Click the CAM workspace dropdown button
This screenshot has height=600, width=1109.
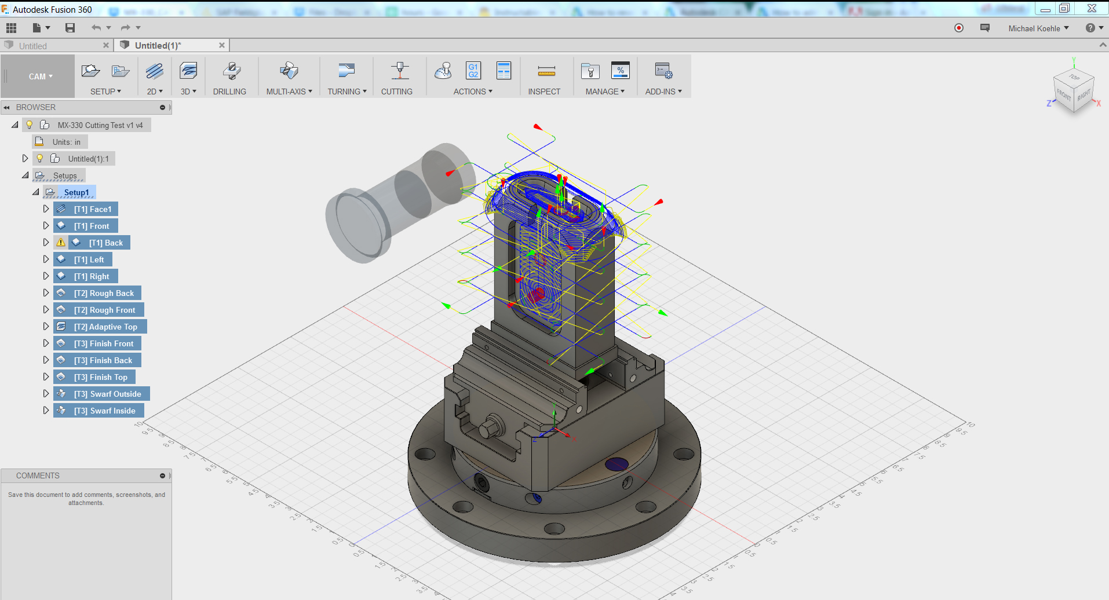(x=41, y=76)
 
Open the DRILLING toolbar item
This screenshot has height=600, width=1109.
(x=230, y=78)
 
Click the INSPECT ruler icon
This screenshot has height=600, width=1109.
(x=546, y=71)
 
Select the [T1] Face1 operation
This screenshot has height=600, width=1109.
(x=92, y=209)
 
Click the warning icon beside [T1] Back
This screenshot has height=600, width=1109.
(x=61, y=243)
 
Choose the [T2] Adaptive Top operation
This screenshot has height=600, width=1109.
(x=105, y=327)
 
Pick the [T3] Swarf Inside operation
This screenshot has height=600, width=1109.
(x=104, y=411)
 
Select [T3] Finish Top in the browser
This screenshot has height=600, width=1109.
(x=100, y=377)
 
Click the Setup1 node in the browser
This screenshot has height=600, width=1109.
(x=76, y=192)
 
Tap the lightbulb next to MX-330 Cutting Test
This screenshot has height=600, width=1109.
(x=30, y=125)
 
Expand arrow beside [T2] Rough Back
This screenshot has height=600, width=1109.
(x=46, y=293)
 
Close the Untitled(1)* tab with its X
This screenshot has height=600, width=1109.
(x=221, y=45)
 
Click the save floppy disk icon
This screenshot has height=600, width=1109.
(x=70, y=28)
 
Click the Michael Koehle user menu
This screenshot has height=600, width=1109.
(x=1038, y=28)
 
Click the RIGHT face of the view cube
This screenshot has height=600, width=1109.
(x=1084, y=94)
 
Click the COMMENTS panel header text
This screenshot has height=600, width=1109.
(x=38, y=475)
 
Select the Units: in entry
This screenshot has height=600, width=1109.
(x=66, y=142)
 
